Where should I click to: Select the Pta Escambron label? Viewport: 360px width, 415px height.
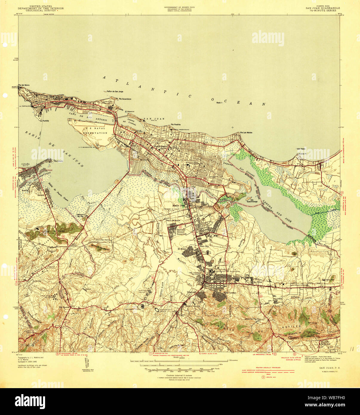pyautogui.click(x=125, y=99)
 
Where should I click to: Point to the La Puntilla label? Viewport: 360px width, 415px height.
pyautogui.click(x=44, y=121)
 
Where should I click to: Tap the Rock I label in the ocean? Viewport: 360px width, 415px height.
pyautogui.click(x=219, y=103)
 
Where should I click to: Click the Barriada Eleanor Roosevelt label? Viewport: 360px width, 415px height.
pyautogui.click(x=181, y=232)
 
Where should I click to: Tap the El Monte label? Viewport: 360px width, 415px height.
pyautogui.click(x=182, y=249)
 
